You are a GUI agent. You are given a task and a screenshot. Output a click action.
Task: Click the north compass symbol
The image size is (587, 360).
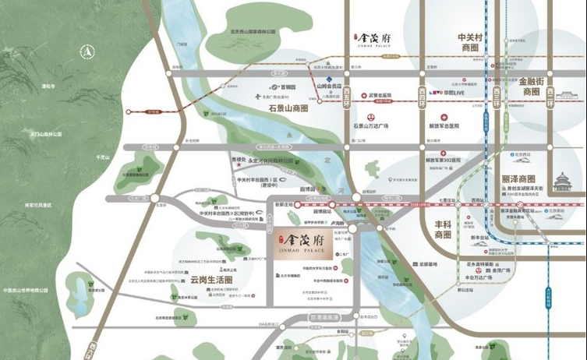[x=87, y=52]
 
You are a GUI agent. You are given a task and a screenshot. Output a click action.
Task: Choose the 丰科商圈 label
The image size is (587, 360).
[x=443, y=229]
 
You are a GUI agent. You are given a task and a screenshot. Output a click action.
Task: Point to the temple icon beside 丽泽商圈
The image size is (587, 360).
[x=562, y=182]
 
